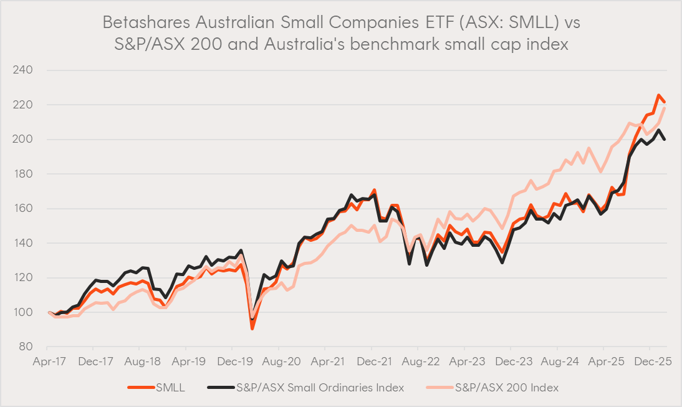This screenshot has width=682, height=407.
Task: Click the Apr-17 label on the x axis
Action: tap(49, 361)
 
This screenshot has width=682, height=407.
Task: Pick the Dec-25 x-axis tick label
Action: tap(650, 361)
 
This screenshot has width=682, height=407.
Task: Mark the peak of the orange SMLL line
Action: tap(659, 95)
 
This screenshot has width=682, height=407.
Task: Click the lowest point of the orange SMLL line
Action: tap(252, 328)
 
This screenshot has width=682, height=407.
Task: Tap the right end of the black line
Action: tap(665, 140)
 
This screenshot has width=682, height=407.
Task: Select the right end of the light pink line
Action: tap(665, 108)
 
